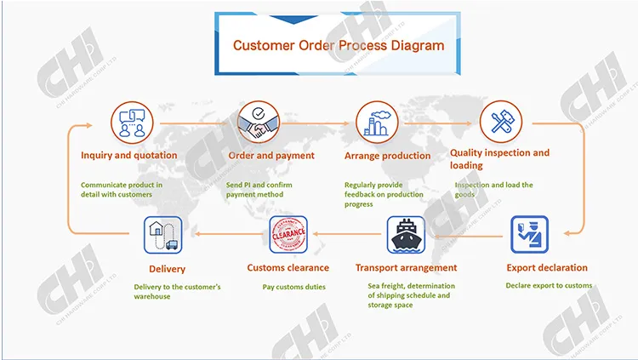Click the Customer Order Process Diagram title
pyautogui.click(x=339, y=45)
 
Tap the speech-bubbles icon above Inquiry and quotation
pyautogui.click(x=132, y=123)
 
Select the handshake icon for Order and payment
pyautogui.click(x=259, y=123)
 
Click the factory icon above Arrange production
pyautogui.click(x=377, y=123)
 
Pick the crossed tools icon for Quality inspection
pyautogui.click(x=501, y=122)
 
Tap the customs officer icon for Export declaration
pyautogui.click(x=529, y=235)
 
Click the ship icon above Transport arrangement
pyautogui.click(x=406, y=235)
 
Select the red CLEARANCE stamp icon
pyautogui.click(x=288, y=235)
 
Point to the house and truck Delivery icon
pyautogui.click(x=163, y=235)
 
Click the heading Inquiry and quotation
pyautogui.click(x=129, y=155)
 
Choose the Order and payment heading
pyautogui.click(x=271, y=156)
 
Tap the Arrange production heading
pyautogui.click(x=387, y=156)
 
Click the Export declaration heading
pyautogui.click(x=547, y=267)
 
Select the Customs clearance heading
pyautogui.click(x=288, y=267)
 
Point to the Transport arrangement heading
pyautogui.click(x=406, y=267)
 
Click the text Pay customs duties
pyautogui.click(x=293, y=287)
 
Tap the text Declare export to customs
pyautogui.click(x=549, y=285)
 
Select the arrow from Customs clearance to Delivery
pyautogui.click(x=229, y=234)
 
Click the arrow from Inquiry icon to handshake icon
pyautogui.click(x=194, y=123)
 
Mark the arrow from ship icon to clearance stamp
pyautogui.click(x=347, y=234)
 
